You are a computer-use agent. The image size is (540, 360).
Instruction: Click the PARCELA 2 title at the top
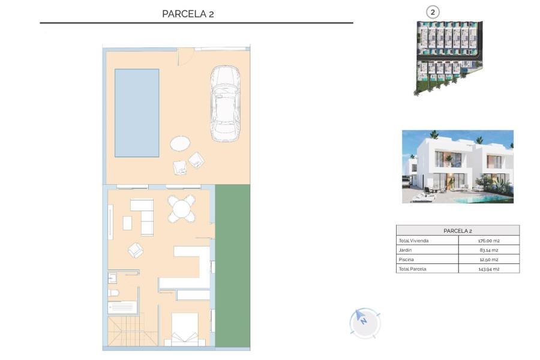[x=188, y=14]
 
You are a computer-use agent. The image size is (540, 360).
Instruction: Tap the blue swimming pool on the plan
[x=137, y=112]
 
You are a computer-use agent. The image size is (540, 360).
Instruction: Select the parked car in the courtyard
[x=225, y=103]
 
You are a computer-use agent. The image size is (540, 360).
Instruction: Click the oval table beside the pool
[x=180, y=143]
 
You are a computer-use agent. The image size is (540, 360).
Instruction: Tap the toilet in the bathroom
[x=113, y=293]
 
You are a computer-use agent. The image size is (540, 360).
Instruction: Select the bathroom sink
[x=112, y=278]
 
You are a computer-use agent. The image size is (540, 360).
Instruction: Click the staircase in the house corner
[x=123, y=331]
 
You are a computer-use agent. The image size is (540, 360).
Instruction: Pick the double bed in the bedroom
[x=185, y=329]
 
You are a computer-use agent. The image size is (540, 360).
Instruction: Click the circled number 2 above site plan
[x=432, y=11]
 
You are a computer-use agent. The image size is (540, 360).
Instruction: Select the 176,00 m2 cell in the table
[x=489, y=241]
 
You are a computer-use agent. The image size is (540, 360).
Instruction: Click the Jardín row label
[x=406, y=250]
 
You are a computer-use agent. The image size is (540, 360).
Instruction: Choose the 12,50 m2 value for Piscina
[x=489, y=259]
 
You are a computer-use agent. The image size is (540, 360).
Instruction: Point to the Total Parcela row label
[x=412, y=269]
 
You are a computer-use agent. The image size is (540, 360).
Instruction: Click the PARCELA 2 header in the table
[x=458, y=230]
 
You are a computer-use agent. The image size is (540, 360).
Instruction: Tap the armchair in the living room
[x=136, y=250]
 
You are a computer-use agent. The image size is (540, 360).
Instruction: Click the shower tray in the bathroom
[x=123, y=307]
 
